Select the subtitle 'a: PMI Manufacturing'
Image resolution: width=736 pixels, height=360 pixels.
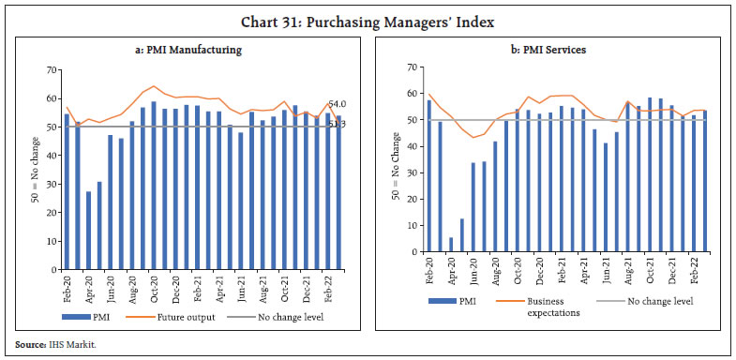tap(188, 50)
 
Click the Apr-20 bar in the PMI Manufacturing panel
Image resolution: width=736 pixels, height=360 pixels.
tap(89, 229)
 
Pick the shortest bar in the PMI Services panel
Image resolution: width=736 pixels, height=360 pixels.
tap(452, 245)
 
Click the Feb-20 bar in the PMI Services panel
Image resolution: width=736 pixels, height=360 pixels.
tap(430, 175)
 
